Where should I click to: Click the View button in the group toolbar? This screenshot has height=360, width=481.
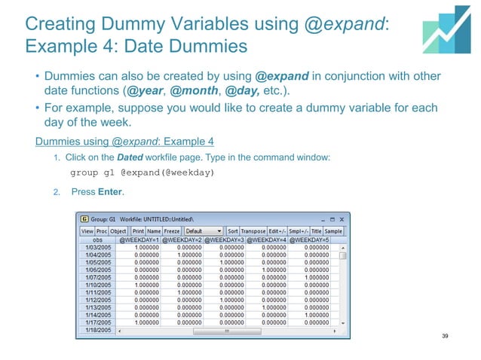(87, 230)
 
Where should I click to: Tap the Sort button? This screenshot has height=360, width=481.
(232, 230)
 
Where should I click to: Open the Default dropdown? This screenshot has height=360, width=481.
(203, 230)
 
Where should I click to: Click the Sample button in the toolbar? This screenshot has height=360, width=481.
(333, 230)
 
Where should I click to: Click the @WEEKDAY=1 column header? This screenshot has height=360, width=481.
(135, 239)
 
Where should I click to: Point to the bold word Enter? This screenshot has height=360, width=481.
(110, 192)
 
